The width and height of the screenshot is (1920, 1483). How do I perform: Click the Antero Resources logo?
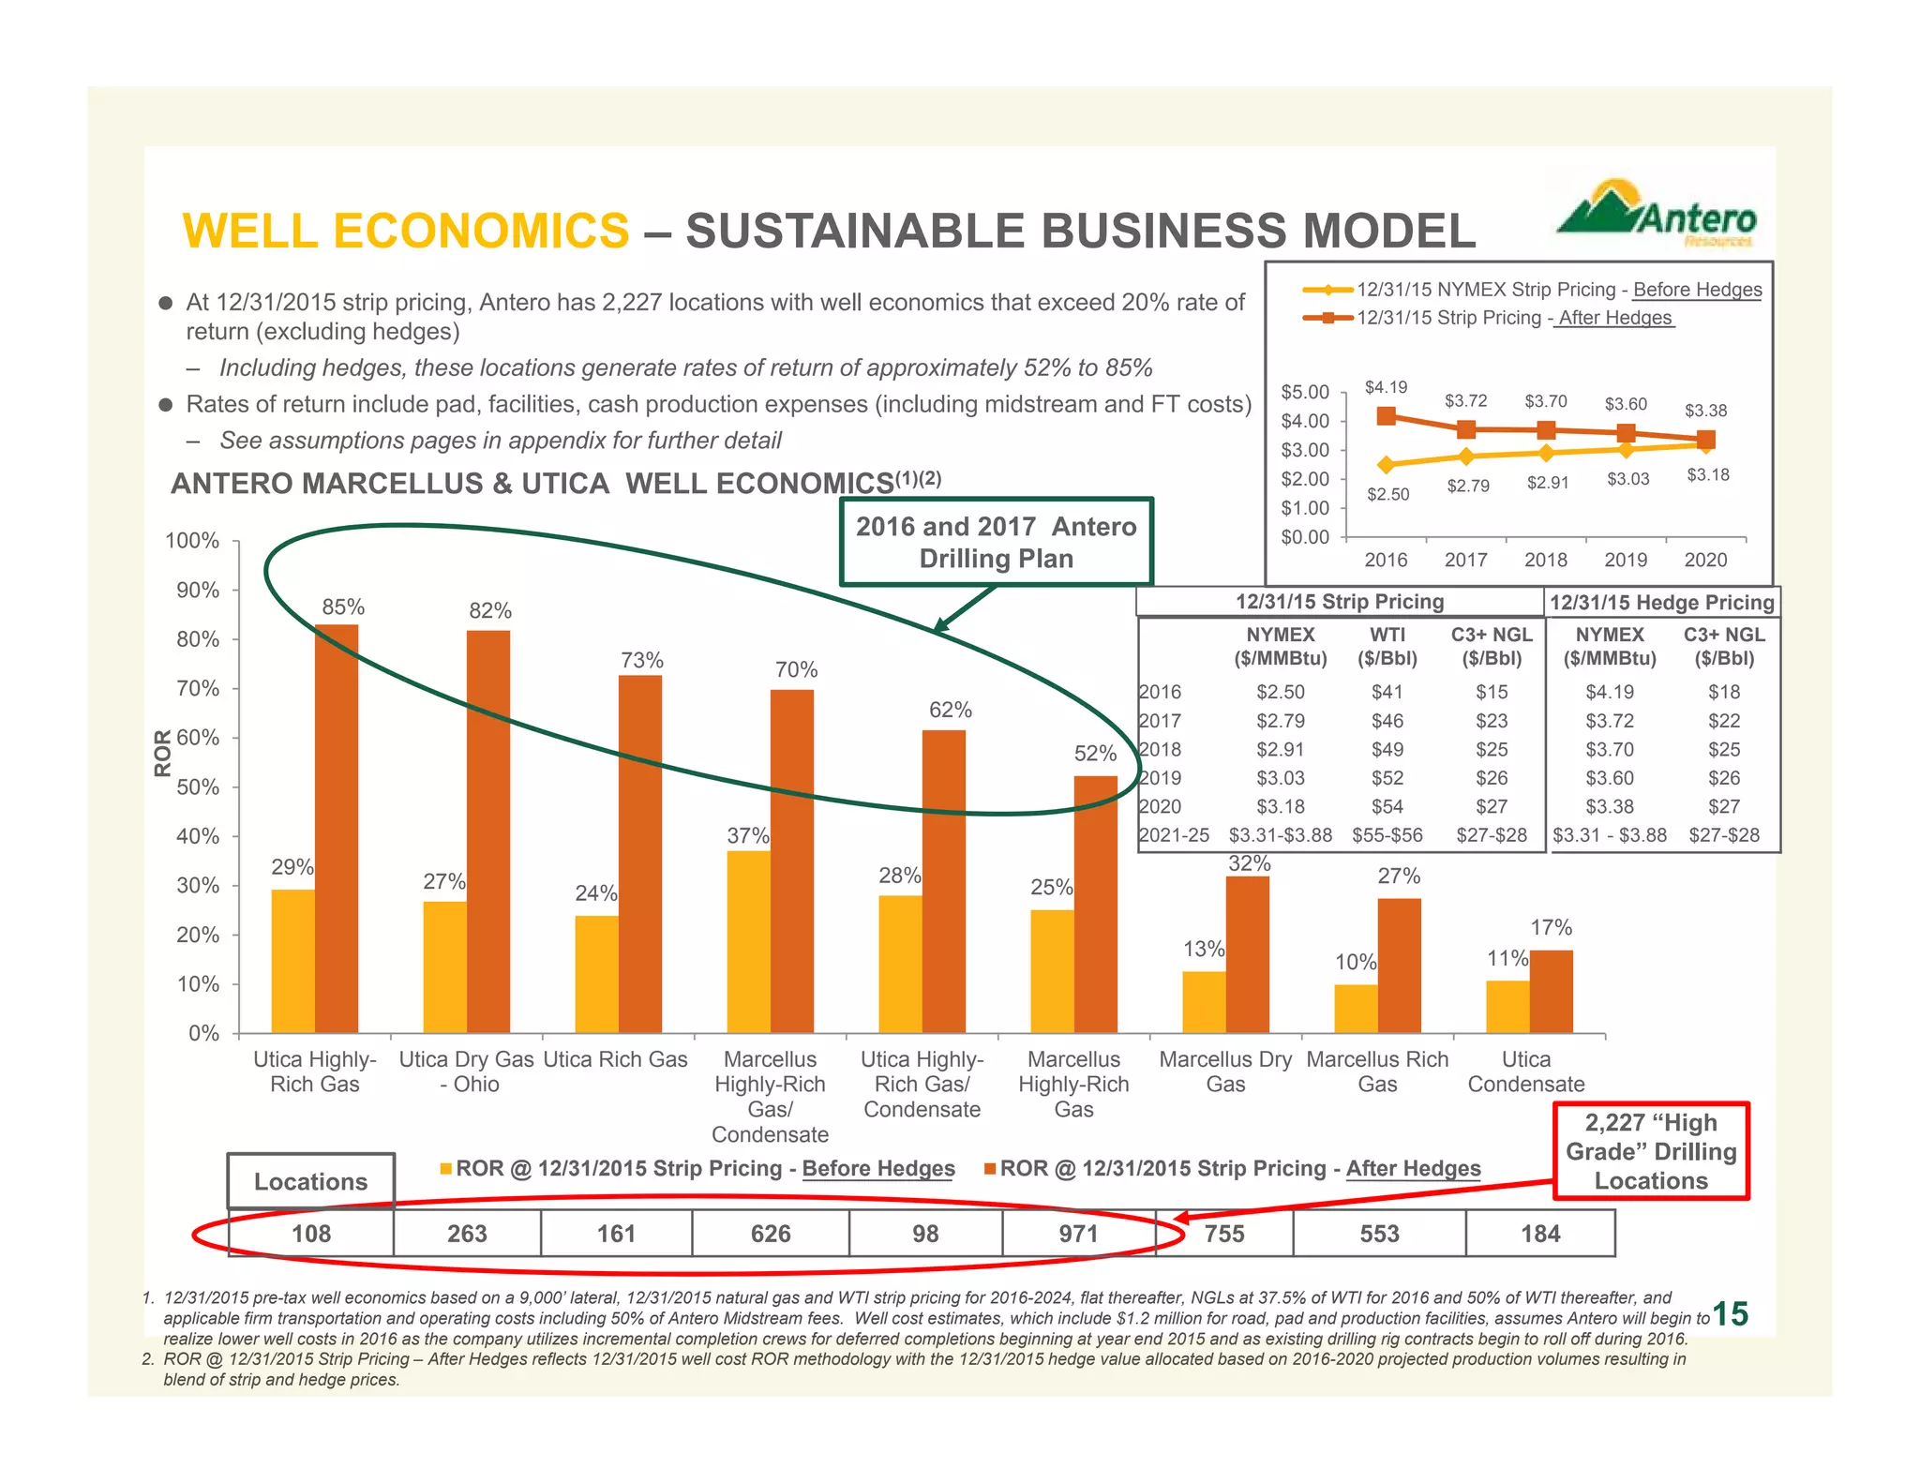[1657, 214]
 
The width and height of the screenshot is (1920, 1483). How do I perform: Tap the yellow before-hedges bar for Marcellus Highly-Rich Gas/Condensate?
[748, 941]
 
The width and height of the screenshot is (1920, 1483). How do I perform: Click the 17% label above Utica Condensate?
[1551, 927]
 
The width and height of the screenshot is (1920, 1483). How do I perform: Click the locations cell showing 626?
[771, 1233]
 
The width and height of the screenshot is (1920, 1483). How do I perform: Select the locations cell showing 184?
[1540, 1233]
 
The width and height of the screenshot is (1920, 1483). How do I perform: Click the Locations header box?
[310, 1181]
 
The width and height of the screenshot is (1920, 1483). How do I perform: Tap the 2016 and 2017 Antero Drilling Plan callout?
[996, 542]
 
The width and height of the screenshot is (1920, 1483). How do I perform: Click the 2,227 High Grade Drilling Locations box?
[1651, 1151]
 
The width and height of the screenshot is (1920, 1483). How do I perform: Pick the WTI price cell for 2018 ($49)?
[1387, 749]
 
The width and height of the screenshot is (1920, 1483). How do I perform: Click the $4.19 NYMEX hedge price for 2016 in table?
[1609, 692]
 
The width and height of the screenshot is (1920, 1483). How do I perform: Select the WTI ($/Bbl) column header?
[1387, 646]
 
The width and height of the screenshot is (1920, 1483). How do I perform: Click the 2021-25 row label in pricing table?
[1174, 834]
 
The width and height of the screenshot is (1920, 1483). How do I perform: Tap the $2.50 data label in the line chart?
[1387, 494]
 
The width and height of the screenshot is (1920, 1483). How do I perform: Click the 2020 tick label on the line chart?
[1704, 560]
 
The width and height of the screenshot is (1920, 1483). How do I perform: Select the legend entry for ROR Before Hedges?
[698, 1168]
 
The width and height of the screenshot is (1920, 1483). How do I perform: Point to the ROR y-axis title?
[163, 753]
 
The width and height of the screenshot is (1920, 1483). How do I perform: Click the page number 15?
[1730, 1314]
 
